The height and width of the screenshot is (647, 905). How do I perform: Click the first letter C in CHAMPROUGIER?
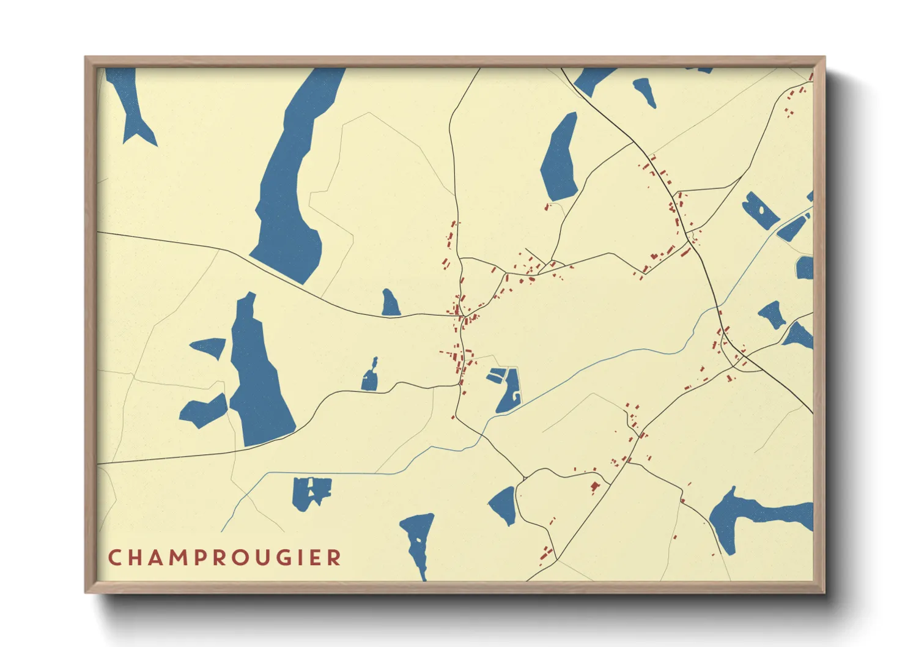[x=114, y=558]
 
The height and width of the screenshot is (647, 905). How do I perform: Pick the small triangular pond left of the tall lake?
[x=210, y=347]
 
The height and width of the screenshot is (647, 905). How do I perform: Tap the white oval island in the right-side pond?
[x=761, y=210]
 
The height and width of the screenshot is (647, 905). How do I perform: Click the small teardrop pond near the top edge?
[x=645, y=92]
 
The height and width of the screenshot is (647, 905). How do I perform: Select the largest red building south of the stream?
[x=594, y=487]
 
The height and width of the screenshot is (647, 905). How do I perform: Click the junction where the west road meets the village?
[x=457, y=316]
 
